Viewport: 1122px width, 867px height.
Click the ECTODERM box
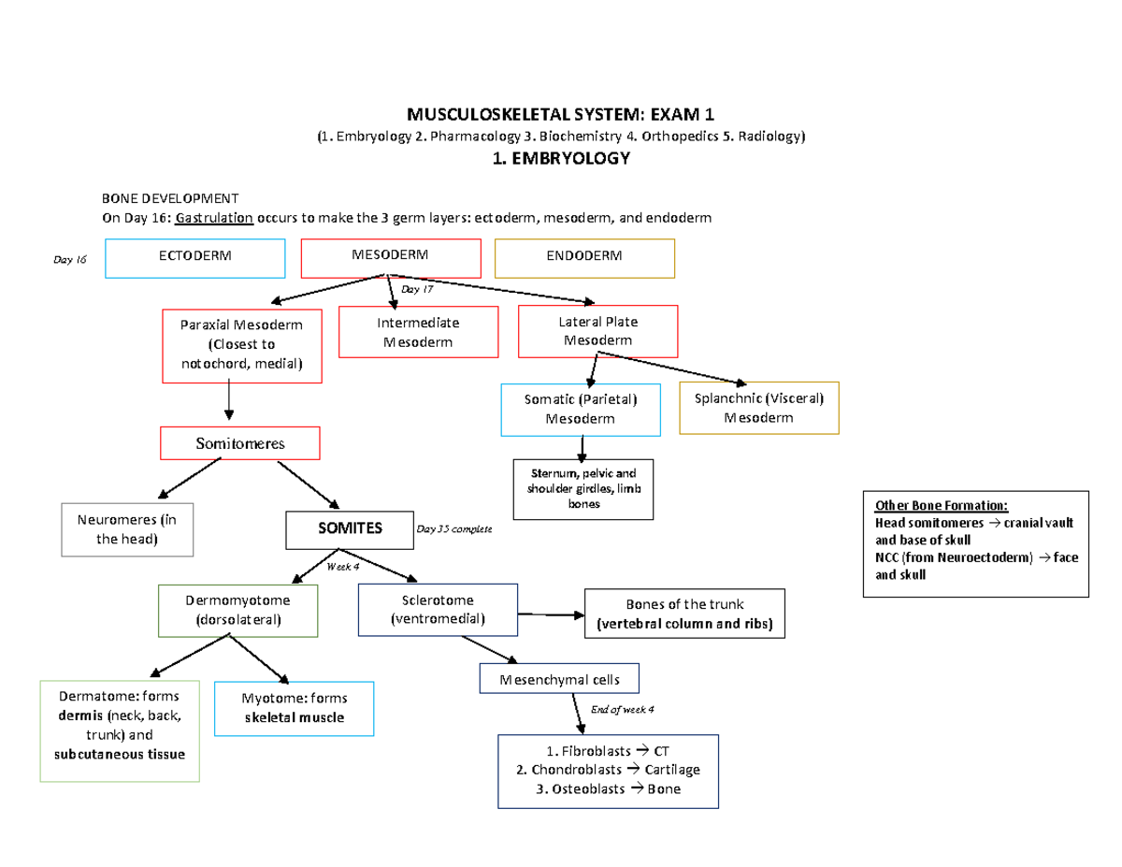tap(195, 258)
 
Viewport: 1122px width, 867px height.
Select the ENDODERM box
tap(584, 258)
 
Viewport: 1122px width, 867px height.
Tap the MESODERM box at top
tap(390, 257)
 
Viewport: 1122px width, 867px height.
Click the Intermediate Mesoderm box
tap(418, 332)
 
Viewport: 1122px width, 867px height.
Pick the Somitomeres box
tap(240, 443)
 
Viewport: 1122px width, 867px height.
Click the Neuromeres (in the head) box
tap(126, 530)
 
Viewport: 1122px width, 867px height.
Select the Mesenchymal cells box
tap(558, 679)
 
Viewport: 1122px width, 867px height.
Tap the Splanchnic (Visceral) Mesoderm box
tap(759, 408)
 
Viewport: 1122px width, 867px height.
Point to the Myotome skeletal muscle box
tap(294, 709)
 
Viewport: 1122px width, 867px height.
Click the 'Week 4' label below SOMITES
tap(342, 566)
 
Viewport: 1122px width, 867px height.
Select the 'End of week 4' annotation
tap(623, 709)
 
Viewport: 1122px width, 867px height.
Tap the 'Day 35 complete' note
tap(453, 529)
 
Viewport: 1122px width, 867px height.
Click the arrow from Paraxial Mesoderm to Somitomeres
tap(229, 404)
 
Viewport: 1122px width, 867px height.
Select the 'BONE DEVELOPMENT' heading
tap(170, 198)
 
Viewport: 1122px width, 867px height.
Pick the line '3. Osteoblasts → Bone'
tap(609, 788)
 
